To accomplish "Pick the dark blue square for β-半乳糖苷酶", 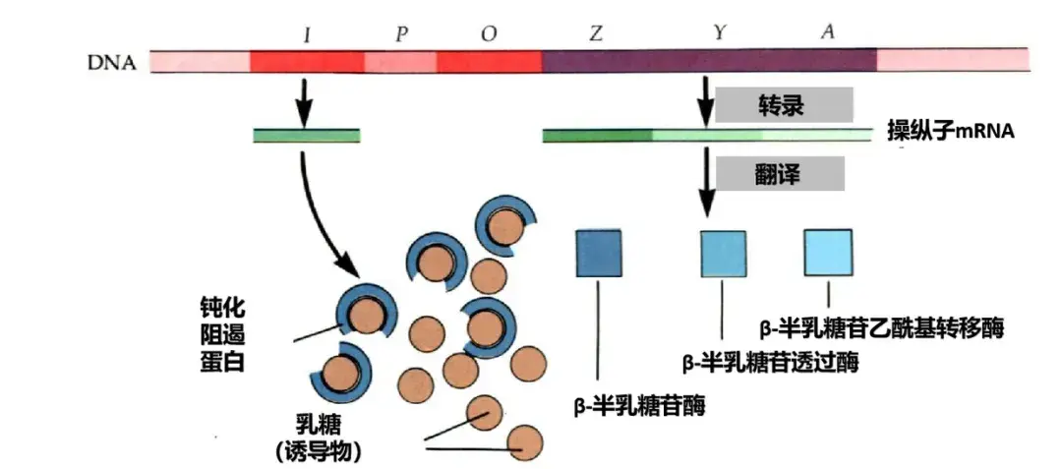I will pos(598,253).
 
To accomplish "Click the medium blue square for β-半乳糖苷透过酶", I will pos(724,254).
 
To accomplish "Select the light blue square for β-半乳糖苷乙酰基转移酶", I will pos(828,253).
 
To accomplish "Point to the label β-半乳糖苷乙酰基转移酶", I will pos(882,328).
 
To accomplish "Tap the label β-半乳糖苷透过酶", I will pos(771,363).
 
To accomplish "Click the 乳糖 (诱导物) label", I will pos(317,439).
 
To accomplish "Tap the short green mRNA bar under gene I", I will pos(307,136).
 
